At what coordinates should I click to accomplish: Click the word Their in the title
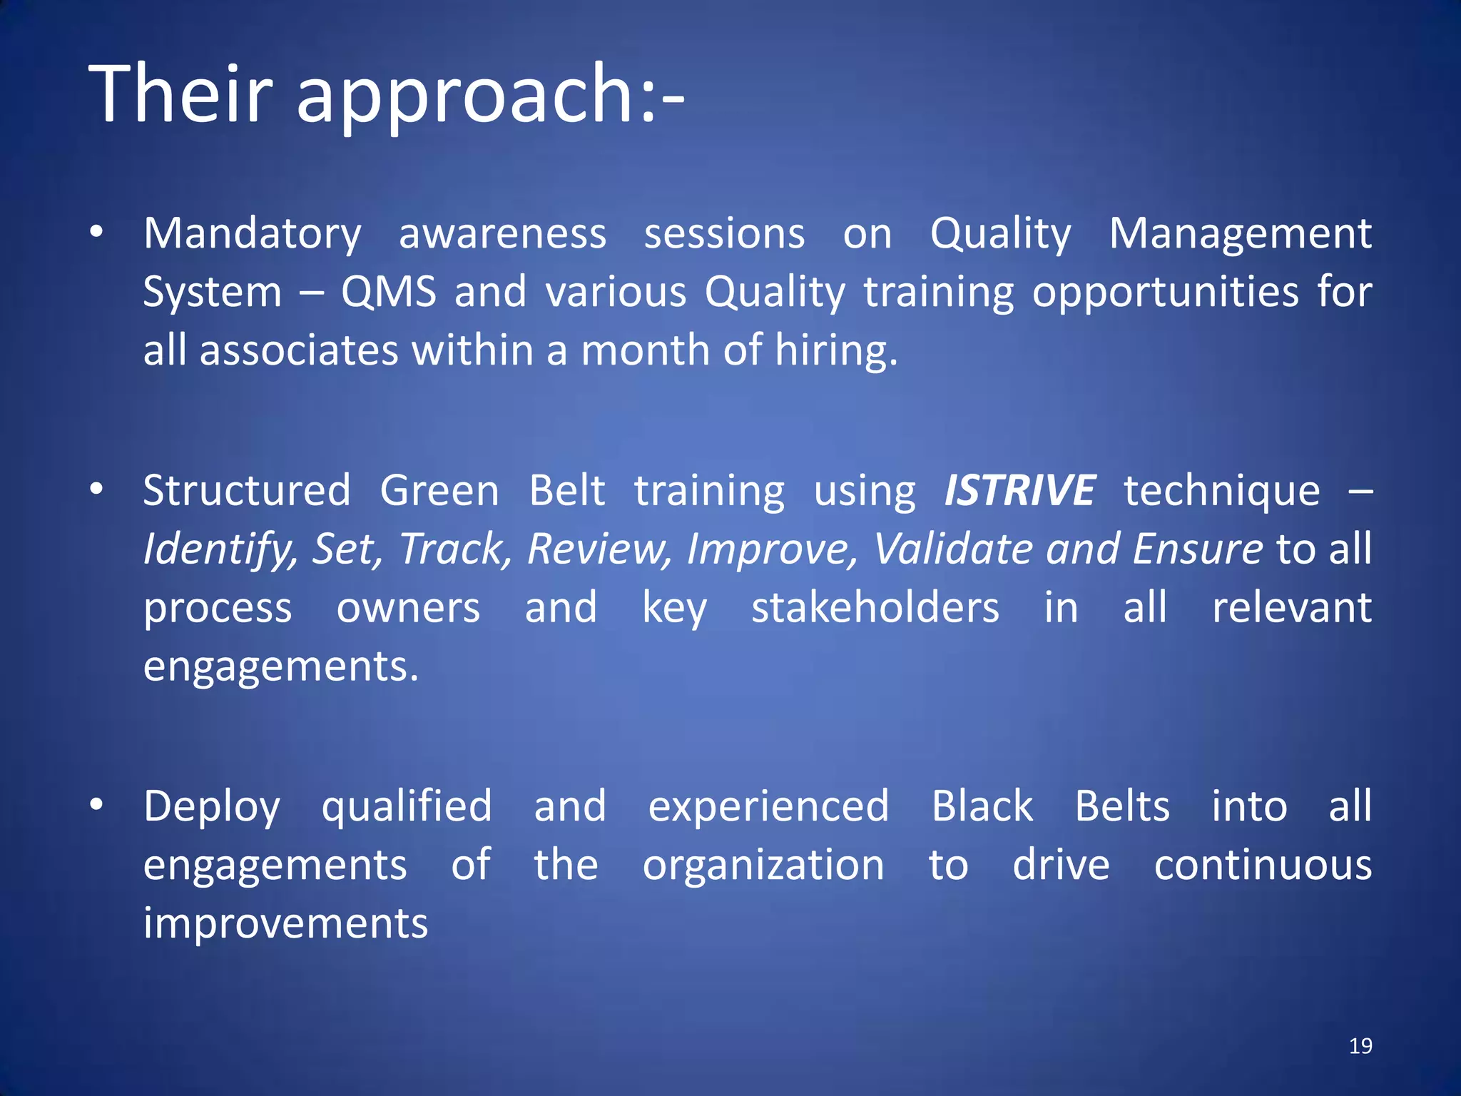(180, 94)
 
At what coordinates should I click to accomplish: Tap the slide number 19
(1360, 1046)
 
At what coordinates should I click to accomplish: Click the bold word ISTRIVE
(1019, 491)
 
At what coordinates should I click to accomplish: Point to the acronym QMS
(388, 293)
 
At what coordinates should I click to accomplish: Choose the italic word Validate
(954, 549)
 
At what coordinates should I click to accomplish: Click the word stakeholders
(875, 608)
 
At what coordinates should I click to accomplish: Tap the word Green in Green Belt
(439, 491)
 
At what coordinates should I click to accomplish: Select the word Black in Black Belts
(982, 806)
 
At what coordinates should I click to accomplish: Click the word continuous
(1263, 865)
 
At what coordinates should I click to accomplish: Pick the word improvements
(285, 923)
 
